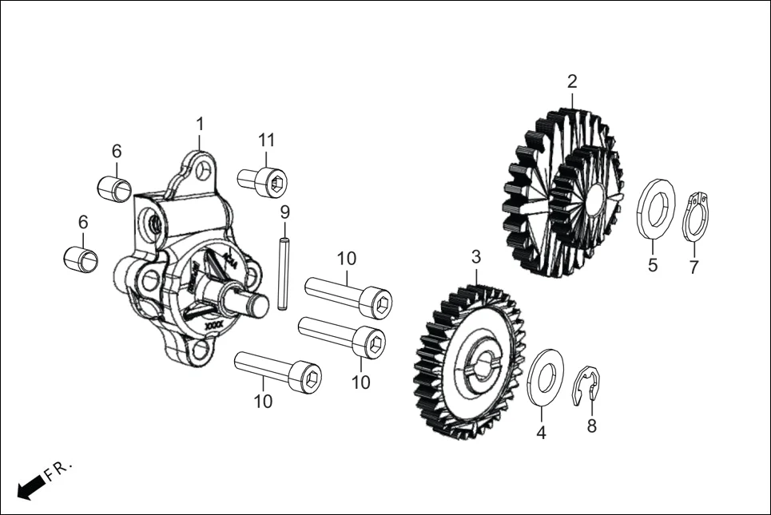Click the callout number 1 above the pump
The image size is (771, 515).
[x=200, y=125]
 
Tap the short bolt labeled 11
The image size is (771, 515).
[x=263, y=181]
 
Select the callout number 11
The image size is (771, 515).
[x=266, y=141]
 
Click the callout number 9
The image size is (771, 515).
[x=284, y=212]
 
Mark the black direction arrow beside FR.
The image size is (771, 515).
[x=30, y=486]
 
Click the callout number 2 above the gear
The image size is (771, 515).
[x=572, y=81]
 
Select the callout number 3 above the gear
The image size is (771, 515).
[x=476, y=257]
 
